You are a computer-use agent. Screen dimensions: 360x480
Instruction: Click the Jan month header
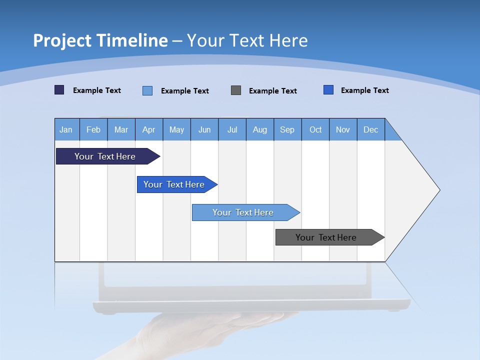(x=66, y=129)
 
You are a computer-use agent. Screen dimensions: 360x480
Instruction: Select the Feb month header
(x=93, y=129)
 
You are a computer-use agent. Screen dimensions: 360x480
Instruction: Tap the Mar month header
(x=121, y=129)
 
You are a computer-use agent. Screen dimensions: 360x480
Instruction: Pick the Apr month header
(x=149, y=129)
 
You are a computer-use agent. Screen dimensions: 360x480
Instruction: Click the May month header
(x=176, y=129)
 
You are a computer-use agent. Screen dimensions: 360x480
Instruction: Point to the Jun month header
(x=204, y=129)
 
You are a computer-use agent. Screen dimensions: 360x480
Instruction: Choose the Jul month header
(x=232, y=129)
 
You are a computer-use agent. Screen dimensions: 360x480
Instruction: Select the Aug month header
(x=260, y=129)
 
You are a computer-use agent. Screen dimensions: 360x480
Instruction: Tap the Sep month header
(x=287, y=129)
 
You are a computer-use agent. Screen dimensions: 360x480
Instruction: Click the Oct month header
(x=315, y=129)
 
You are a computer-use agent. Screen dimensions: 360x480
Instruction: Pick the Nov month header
(x=343, y=129)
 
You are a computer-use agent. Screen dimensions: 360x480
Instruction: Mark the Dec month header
(x=371, y=129)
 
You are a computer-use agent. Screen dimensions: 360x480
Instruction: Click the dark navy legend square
(x=59, y=90)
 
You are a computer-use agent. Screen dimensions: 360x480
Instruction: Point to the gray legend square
(x=236, y=90)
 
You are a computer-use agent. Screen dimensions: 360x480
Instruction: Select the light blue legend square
(x=147, y=90)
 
